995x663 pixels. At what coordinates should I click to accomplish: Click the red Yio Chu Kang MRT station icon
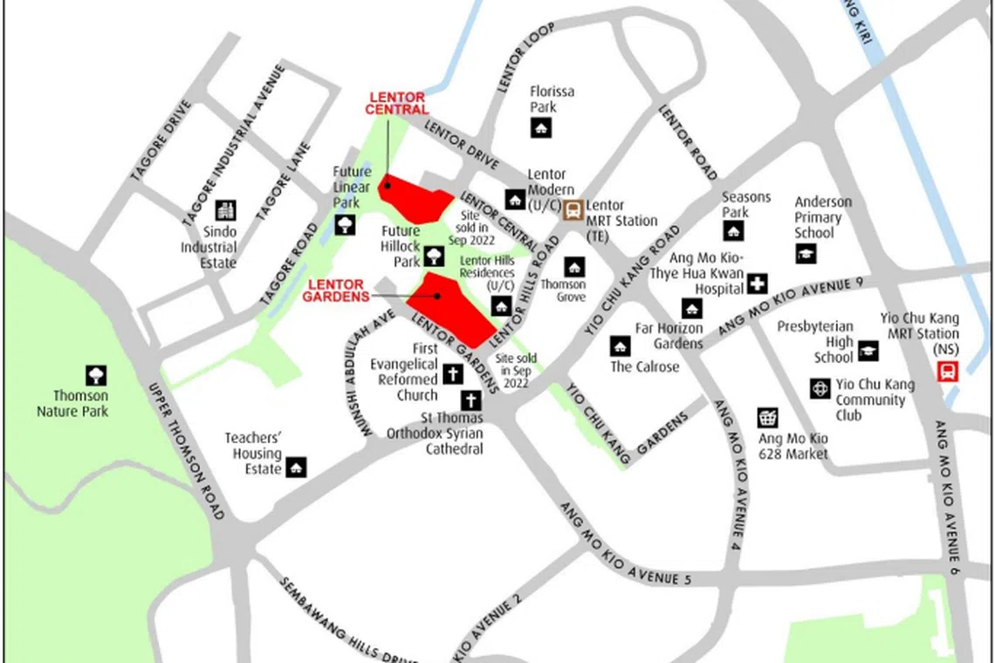coord(947,372)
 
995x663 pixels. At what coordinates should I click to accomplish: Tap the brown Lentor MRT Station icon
coord(573,210)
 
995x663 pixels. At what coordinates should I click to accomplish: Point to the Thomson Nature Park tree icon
coord(96,376)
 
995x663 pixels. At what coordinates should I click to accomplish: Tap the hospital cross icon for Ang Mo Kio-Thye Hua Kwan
coord(757,284)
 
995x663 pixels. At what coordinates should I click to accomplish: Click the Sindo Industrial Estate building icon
coord(225,210)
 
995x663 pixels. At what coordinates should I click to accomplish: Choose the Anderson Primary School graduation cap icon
coord(806,253)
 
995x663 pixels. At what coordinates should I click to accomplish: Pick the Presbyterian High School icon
coord(868,351)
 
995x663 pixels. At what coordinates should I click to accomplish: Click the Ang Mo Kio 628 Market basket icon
coord(768,418)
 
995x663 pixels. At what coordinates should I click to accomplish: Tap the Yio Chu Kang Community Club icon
coord(820,388)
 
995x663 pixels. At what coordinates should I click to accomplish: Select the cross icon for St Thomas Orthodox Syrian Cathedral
coord(470,401)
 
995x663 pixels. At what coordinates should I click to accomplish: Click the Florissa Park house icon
coord(541,128)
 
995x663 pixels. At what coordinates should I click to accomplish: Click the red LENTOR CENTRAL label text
coord(397,103)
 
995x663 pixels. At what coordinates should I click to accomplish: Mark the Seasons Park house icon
coord(733,231)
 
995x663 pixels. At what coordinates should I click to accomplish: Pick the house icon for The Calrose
coord(621,346)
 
